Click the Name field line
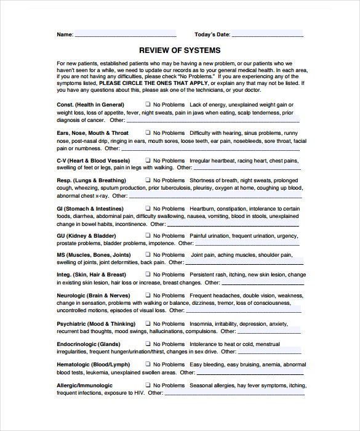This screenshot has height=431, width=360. [x=126, y=34]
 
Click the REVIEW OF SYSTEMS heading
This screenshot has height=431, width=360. [x=180, y=50]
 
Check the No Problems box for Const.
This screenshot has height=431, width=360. [x=148, y=105]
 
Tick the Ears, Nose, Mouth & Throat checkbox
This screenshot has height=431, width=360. [x=148, y=133]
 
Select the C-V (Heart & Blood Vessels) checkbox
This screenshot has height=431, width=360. [x=148, y=161]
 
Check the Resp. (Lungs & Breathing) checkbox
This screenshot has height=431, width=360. [x=148, y=180]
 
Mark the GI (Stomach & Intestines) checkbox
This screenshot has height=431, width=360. [x=148, y=209]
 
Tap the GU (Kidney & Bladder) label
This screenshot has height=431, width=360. [x=86, y=236]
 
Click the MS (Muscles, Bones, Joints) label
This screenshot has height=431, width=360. [x=94, y=255]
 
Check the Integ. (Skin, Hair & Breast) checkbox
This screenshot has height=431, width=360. [x=148, y=275]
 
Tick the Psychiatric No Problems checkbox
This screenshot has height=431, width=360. [x=148, y=324]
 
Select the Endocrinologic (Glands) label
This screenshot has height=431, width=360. [x=89, y=344]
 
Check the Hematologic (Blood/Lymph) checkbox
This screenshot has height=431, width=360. [x=148, y=365]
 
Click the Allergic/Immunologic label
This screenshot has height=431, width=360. [x=85, y=385]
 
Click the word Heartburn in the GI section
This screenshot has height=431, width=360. [x=202, y=209]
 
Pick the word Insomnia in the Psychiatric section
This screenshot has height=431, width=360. [x=201, y=324]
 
